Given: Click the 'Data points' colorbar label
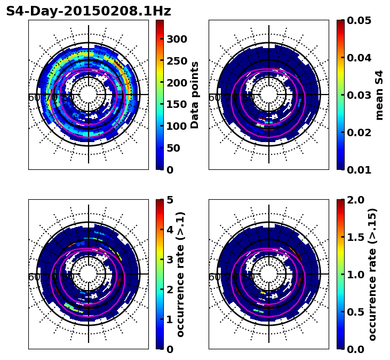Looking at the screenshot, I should (x=195, y=95).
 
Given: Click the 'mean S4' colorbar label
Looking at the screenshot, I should (x=379, y=95).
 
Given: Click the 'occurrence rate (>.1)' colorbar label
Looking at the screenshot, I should (x=180, y=275).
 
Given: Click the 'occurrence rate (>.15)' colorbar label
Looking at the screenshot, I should (x=372, y=275).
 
